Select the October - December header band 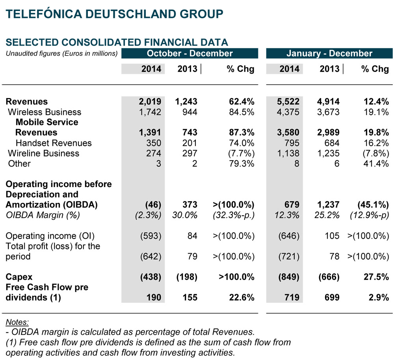[190, 53]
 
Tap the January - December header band [329, 53]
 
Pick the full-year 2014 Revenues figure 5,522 [289, 102]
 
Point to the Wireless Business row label [45, 112]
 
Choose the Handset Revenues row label [54, 143]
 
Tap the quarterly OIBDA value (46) [153, 205]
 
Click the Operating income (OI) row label [50, 236]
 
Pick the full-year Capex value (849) [289, 277]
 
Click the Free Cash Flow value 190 [153, 298]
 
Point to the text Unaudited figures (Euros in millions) [61, 53]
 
